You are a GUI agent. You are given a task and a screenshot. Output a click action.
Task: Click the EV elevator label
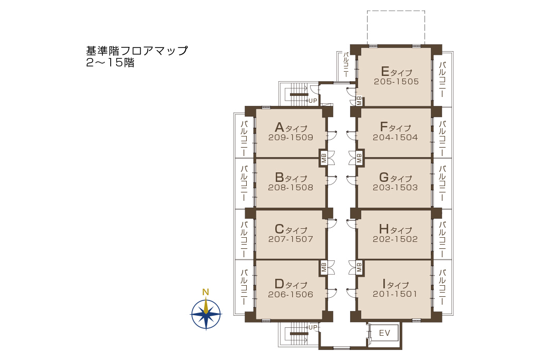click(384, 333)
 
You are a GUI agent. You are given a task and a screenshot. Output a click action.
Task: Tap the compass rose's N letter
click(206, 292)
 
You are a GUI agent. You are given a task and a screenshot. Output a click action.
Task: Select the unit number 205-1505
click(397, 82)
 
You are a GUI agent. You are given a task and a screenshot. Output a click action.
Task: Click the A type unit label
click(291, 128)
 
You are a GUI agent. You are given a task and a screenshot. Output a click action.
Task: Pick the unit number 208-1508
click(291, 188)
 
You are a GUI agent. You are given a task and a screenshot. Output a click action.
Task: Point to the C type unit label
click(291, 229)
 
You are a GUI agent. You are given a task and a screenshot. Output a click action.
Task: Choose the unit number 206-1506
click(291, 294)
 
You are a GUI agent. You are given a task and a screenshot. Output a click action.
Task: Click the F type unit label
click(396, 127)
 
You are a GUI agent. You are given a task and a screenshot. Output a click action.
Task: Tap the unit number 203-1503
click(396, 188)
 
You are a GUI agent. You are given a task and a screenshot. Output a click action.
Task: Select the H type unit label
click(396, 229)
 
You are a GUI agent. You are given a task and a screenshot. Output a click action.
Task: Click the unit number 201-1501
click(395, 294)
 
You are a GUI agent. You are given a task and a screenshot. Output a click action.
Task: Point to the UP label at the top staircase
click(313, 101)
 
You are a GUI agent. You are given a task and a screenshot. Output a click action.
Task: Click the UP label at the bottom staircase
click(313, 327)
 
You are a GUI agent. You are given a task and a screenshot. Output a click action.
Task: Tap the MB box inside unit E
click(359, 101)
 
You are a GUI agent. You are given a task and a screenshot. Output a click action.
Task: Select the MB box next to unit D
click(324, 267)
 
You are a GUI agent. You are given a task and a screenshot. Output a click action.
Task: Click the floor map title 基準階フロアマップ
click(137, 51)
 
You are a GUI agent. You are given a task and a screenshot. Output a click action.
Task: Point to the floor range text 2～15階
click(110, 63)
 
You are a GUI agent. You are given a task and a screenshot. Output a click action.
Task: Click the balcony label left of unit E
click(346, 64)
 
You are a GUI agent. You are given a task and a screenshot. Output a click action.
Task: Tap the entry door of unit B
click(331, 180)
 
